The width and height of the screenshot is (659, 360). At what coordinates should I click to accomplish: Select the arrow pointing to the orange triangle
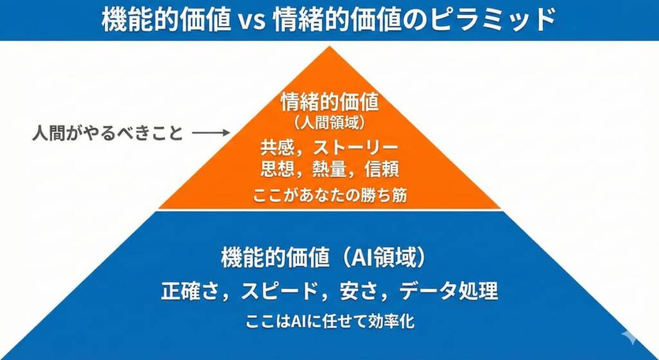pos(211,133)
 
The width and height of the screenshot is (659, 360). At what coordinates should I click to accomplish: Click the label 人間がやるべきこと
pos(107,134)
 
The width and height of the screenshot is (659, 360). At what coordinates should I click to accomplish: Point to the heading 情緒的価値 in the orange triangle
pos(329,102)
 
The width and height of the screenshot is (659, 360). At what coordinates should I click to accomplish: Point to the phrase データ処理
pos(449,291)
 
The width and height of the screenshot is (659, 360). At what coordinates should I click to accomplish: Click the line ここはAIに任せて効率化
pos(329,321)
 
